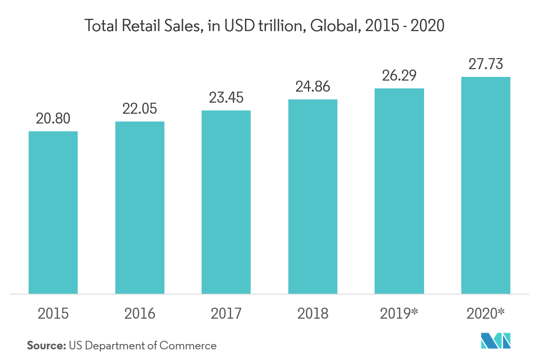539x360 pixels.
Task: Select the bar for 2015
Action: pyautogui.click(x=53, y=212)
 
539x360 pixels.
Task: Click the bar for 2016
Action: pyautogui.click(x=140, y=207)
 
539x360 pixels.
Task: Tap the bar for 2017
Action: pyautogui.click(x=226, y=202)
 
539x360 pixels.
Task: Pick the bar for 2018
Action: pyautogui.click(x=313, y=196)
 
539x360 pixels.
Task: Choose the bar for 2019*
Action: pyautogui.click(x=399, y=191)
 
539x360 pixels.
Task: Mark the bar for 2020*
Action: pyautogui.click(x=486, y=185)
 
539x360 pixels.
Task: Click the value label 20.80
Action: pyautogui.click(x=53, y=119)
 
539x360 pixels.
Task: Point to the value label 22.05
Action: pyautogui.click(x=140, y=109)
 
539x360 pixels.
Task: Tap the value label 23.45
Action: pyautogui.click(x=226, y=98)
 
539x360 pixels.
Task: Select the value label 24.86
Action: pyautogui.click(x=313, y=87)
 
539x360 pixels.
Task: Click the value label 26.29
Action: pyautogui.click(x=399, y=76)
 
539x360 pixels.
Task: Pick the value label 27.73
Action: pyautogui.click(x=486, y=65)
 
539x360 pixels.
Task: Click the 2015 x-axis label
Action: pyautogui.click(x=53, y=314)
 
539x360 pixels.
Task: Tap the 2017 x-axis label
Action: pyautogui.click(x=226, y=314)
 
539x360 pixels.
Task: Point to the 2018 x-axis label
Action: pyautogui.click(x=313, y=314)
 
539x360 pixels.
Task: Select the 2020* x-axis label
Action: pyautogui.click(x=486, y=314)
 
